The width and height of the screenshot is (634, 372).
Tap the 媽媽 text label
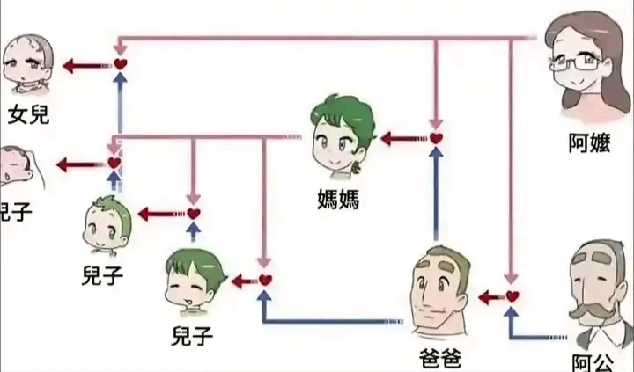tap(339, 199)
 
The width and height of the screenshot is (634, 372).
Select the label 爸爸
tap(441, 359)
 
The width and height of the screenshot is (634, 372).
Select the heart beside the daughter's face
tap(121, 64)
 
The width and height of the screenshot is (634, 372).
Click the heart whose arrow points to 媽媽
tap(435, 138)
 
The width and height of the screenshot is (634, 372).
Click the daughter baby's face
tap(28, 65)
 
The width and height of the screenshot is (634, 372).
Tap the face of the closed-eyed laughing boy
tap(196, 286)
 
